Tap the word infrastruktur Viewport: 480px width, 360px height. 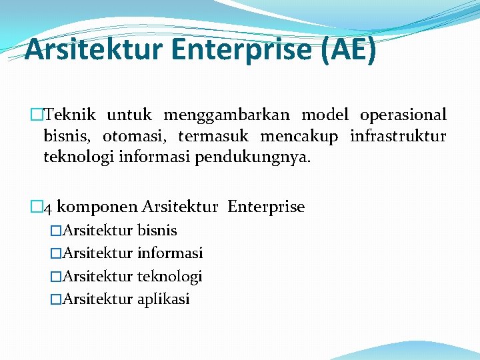tap(398, 137)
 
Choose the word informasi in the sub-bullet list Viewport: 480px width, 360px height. tap(170, 253)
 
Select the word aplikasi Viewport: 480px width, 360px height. tap(163, 299)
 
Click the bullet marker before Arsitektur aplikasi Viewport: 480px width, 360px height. tap(55, 299)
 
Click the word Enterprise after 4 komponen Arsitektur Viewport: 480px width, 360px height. tap(266, 207)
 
